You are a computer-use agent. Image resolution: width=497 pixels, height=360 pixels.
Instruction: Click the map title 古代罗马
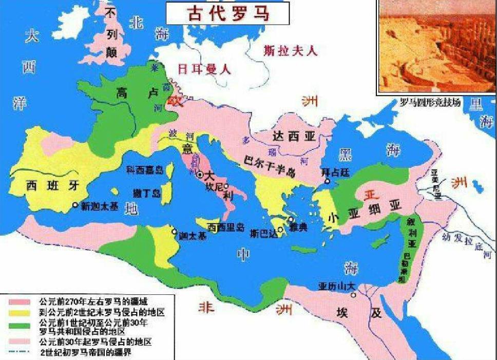tap(227, 13)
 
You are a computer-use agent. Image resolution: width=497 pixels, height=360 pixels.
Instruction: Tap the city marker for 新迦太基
tap(75, 204)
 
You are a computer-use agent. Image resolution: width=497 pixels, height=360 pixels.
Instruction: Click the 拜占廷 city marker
tap(327, 181)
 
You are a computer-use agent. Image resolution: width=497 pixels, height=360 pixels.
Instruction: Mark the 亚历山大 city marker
tap(353, 295)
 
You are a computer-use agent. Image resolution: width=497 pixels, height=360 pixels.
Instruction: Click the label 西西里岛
tap(226, 228)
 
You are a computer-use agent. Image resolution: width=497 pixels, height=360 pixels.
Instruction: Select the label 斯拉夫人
tap(291, 51)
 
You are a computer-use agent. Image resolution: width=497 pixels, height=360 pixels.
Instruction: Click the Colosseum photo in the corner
tap(436, 46)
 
